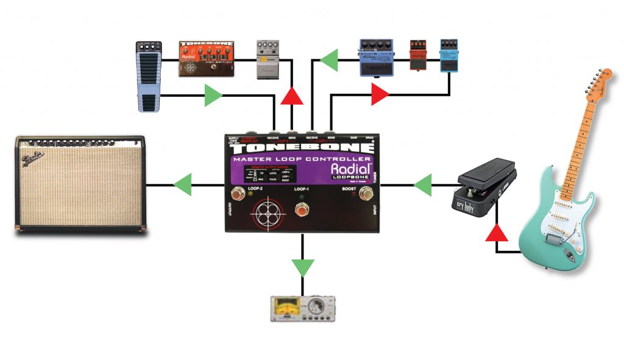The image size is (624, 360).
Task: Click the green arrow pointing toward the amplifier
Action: click(x=182, y=181)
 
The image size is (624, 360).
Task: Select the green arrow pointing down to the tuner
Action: click(x=302, y=267)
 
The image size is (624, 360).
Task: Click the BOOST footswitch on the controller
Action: click(x=366, y=195)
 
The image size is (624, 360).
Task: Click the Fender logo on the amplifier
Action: click(x=34, y=160)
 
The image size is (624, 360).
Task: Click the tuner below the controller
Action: click(x=303, y=308)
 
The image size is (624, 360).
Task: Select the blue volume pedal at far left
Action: click(x=148, y=77)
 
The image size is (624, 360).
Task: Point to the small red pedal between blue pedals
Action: click(x=417, y=54)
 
